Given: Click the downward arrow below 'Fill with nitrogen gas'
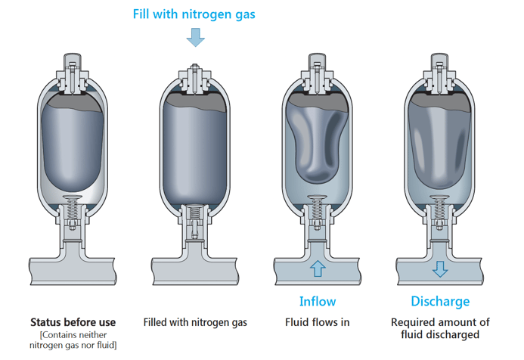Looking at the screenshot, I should click(x=196, y=37).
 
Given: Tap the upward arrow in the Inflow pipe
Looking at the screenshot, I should click(x=318, y=268).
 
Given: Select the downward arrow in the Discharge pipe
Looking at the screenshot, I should click(x=440, y=268).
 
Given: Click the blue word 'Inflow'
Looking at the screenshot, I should click(x=318, y=301).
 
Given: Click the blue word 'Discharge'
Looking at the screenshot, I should click(x=440, y=301).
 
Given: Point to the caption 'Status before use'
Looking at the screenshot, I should click(x=73, y=322).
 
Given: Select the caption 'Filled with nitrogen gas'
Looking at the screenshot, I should click(x=195, y=322).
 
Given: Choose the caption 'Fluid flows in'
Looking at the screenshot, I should click(x=318, y=322).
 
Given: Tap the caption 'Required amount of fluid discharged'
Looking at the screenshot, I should click(x=440, y=328).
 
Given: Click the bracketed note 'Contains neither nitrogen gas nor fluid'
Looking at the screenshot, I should click(x=73, y=340).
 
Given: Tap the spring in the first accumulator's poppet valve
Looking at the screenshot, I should click(x=73, y=205).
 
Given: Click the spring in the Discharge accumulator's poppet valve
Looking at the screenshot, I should click(x=440, y=205).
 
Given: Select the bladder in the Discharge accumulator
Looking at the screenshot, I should click(x=440, y=144).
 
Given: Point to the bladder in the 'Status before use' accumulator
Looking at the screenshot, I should click(x=73, y=144).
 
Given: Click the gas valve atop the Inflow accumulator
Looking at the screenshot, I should click(x=318, y=72).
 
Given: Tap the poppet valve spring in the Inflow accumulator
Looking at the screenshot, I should click(x=318, y=205).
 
